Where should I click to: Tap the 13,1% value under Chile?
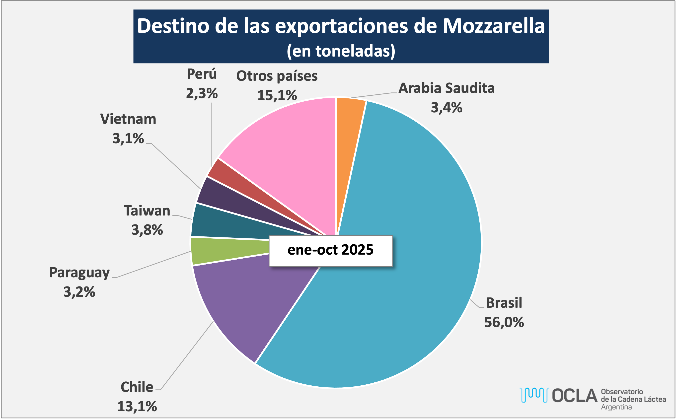pos(137,407)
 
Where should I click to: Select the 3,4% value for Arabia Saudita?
pos(447,108)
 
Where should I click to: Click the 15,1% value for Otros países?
pos(277,95)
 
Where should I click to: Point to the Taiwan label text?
pos(147,211)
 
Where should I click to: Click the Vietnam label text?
pos(128,119)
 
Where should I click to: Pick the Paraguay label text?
pos(79,273)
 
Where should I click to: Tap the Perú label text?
pos(202,74)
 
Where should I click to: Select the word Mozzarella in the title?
pos(493,26)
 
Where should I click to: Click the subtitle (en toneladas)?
pos(341,51)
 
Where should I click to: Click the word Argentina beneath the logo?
pos(616,407)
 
